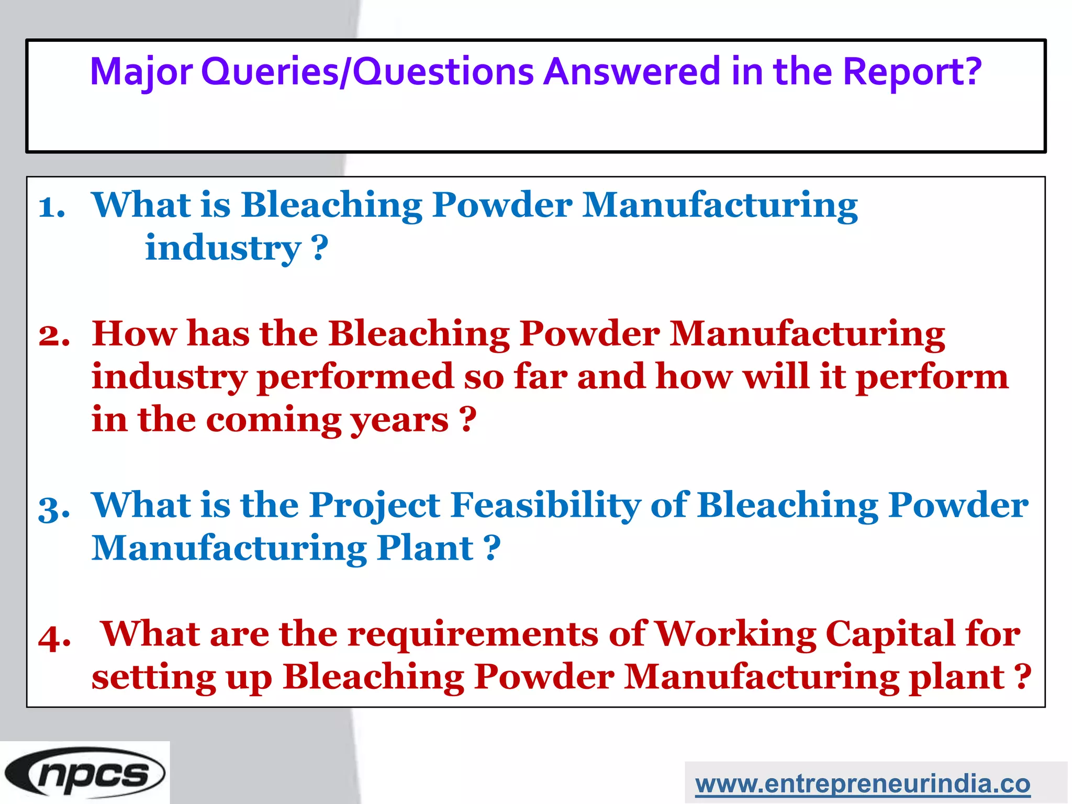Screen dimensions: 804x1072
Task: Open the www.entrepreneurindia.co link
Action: tap(863, 784)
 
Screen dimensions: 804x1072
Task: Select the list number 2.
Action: tap(54, 336)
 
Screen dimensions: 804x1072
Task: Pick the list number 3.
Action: tap(54, 508)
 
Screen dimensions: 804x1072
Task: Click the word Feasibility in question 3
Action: tap(545, 506)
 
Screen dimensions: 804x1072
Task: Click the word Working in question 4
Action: tap(735, 634)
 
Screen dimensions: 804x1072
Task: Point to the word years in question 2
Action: tap(399, 420)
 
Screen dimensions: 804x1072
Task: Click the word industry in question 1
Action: tap(222, 248)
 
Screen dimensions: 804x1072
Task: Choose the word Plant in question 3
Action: tap(425, 549)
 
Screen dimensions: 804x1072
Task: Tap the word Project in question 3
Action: tap(374, 506)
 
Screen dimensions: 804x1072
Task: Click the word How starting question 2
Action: tap(134, 333)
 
